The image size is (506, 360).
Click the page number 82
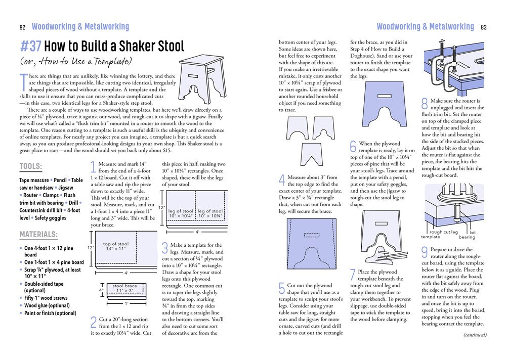coord(22,27)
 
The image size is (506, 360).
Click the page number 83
coord(484,27)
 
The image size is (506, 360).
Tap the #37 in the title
coord(31,47)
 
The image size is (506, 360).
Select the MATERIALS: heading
coord(38,235)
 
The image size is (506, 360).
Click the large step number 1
coord(93,167)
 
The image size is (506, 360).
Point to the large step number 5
coord(282,289)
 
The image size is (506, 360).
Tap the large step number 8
coord(425,103)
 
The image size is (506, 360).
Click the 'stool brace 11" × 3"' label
coord(124,289)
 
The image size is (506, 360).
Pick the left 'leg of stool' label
coord(181,213)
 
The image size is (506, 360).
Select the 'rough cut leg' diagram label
coord(443,232)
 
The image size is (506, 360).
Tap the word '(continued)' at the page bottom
coord(475,334)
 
